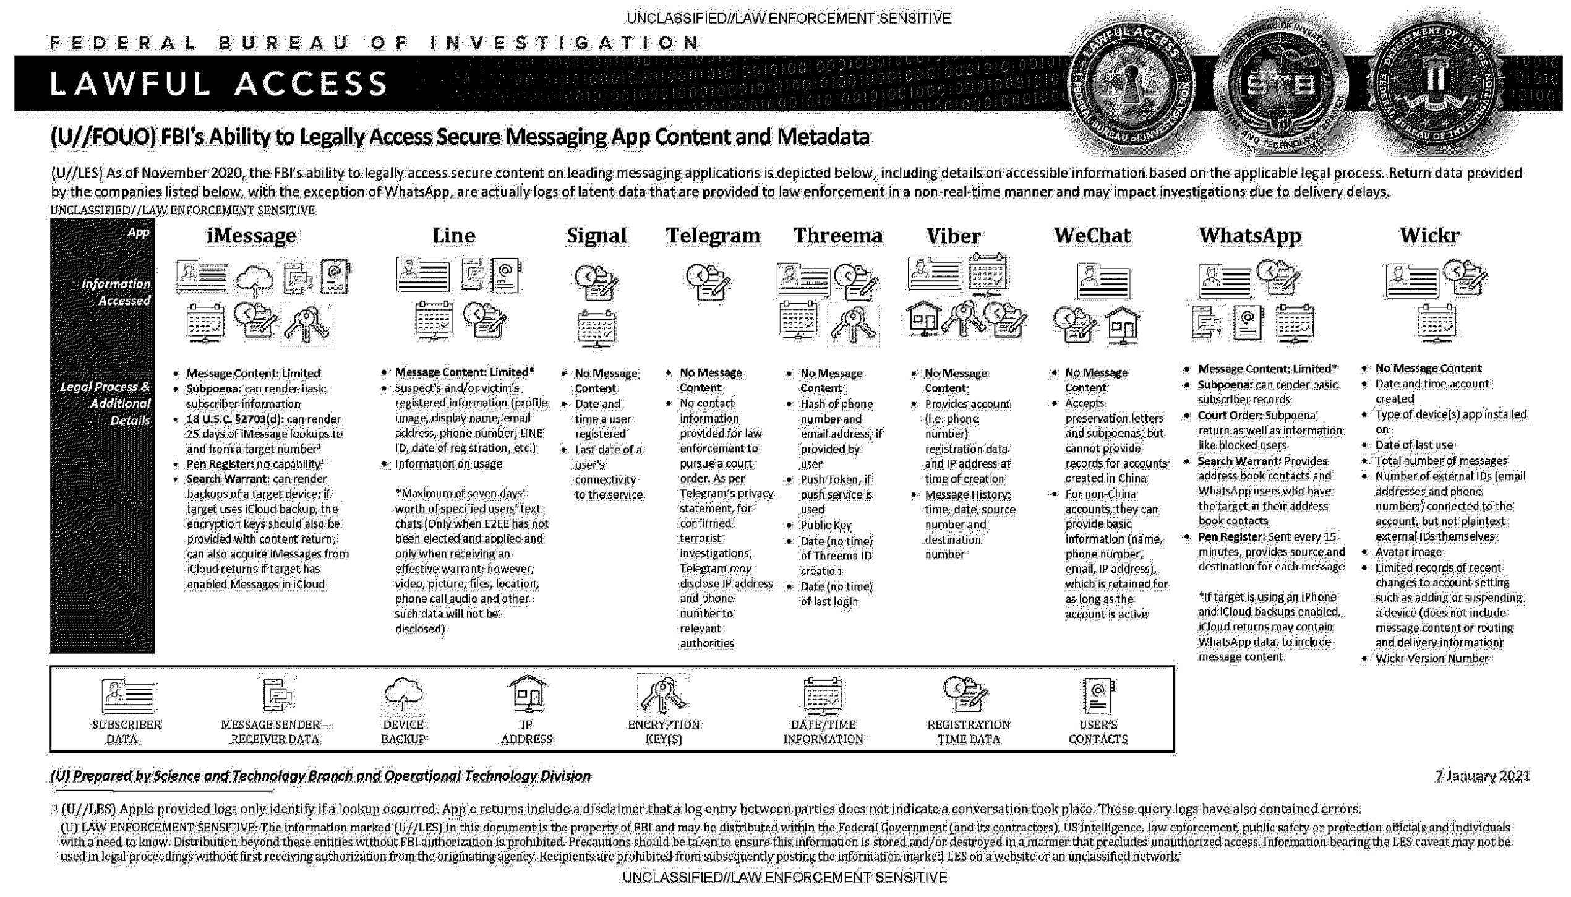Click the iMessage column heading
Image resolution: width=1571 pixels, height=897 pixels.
251,236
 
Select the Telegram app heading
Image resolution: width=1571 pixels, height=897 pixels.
713,236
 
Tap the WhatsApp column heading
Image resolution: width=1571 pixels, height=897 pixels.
1250,236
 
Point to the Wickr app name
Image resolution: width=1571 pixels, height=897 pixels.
1429,236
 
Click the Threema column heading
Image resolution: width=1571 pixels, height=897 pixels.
838,236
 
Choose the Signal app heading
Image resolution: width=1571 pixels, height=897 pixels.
596,236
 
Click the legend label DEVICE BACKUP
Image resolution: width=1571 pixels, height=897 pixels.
403,732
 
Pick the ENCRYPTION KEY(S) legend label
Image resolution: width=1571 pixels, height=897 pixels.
664,732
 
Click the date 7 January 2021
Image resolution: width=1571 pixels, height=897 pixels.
1483,776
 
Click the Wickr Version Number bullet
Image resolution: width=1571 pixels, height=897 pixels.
1431,658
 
